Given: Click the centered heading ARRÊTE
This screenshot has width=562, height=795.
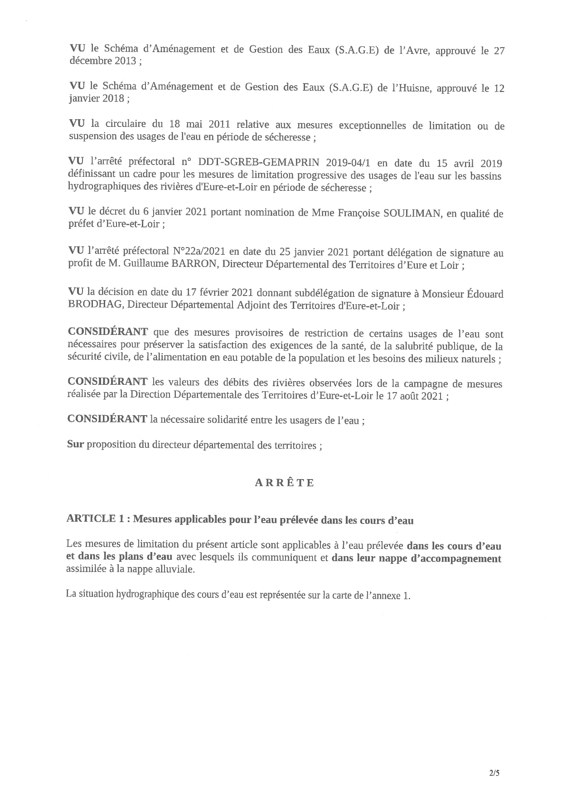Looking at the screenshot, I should point(284,483).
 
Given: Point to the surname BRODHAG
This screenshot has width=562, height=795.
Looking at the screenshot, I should point(95,305).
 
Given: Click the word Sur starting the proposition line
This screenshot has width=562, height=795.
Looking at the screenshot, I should point(75,445).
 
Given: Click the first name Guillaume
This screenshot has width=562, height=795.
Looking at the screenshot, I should point(144,265).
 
